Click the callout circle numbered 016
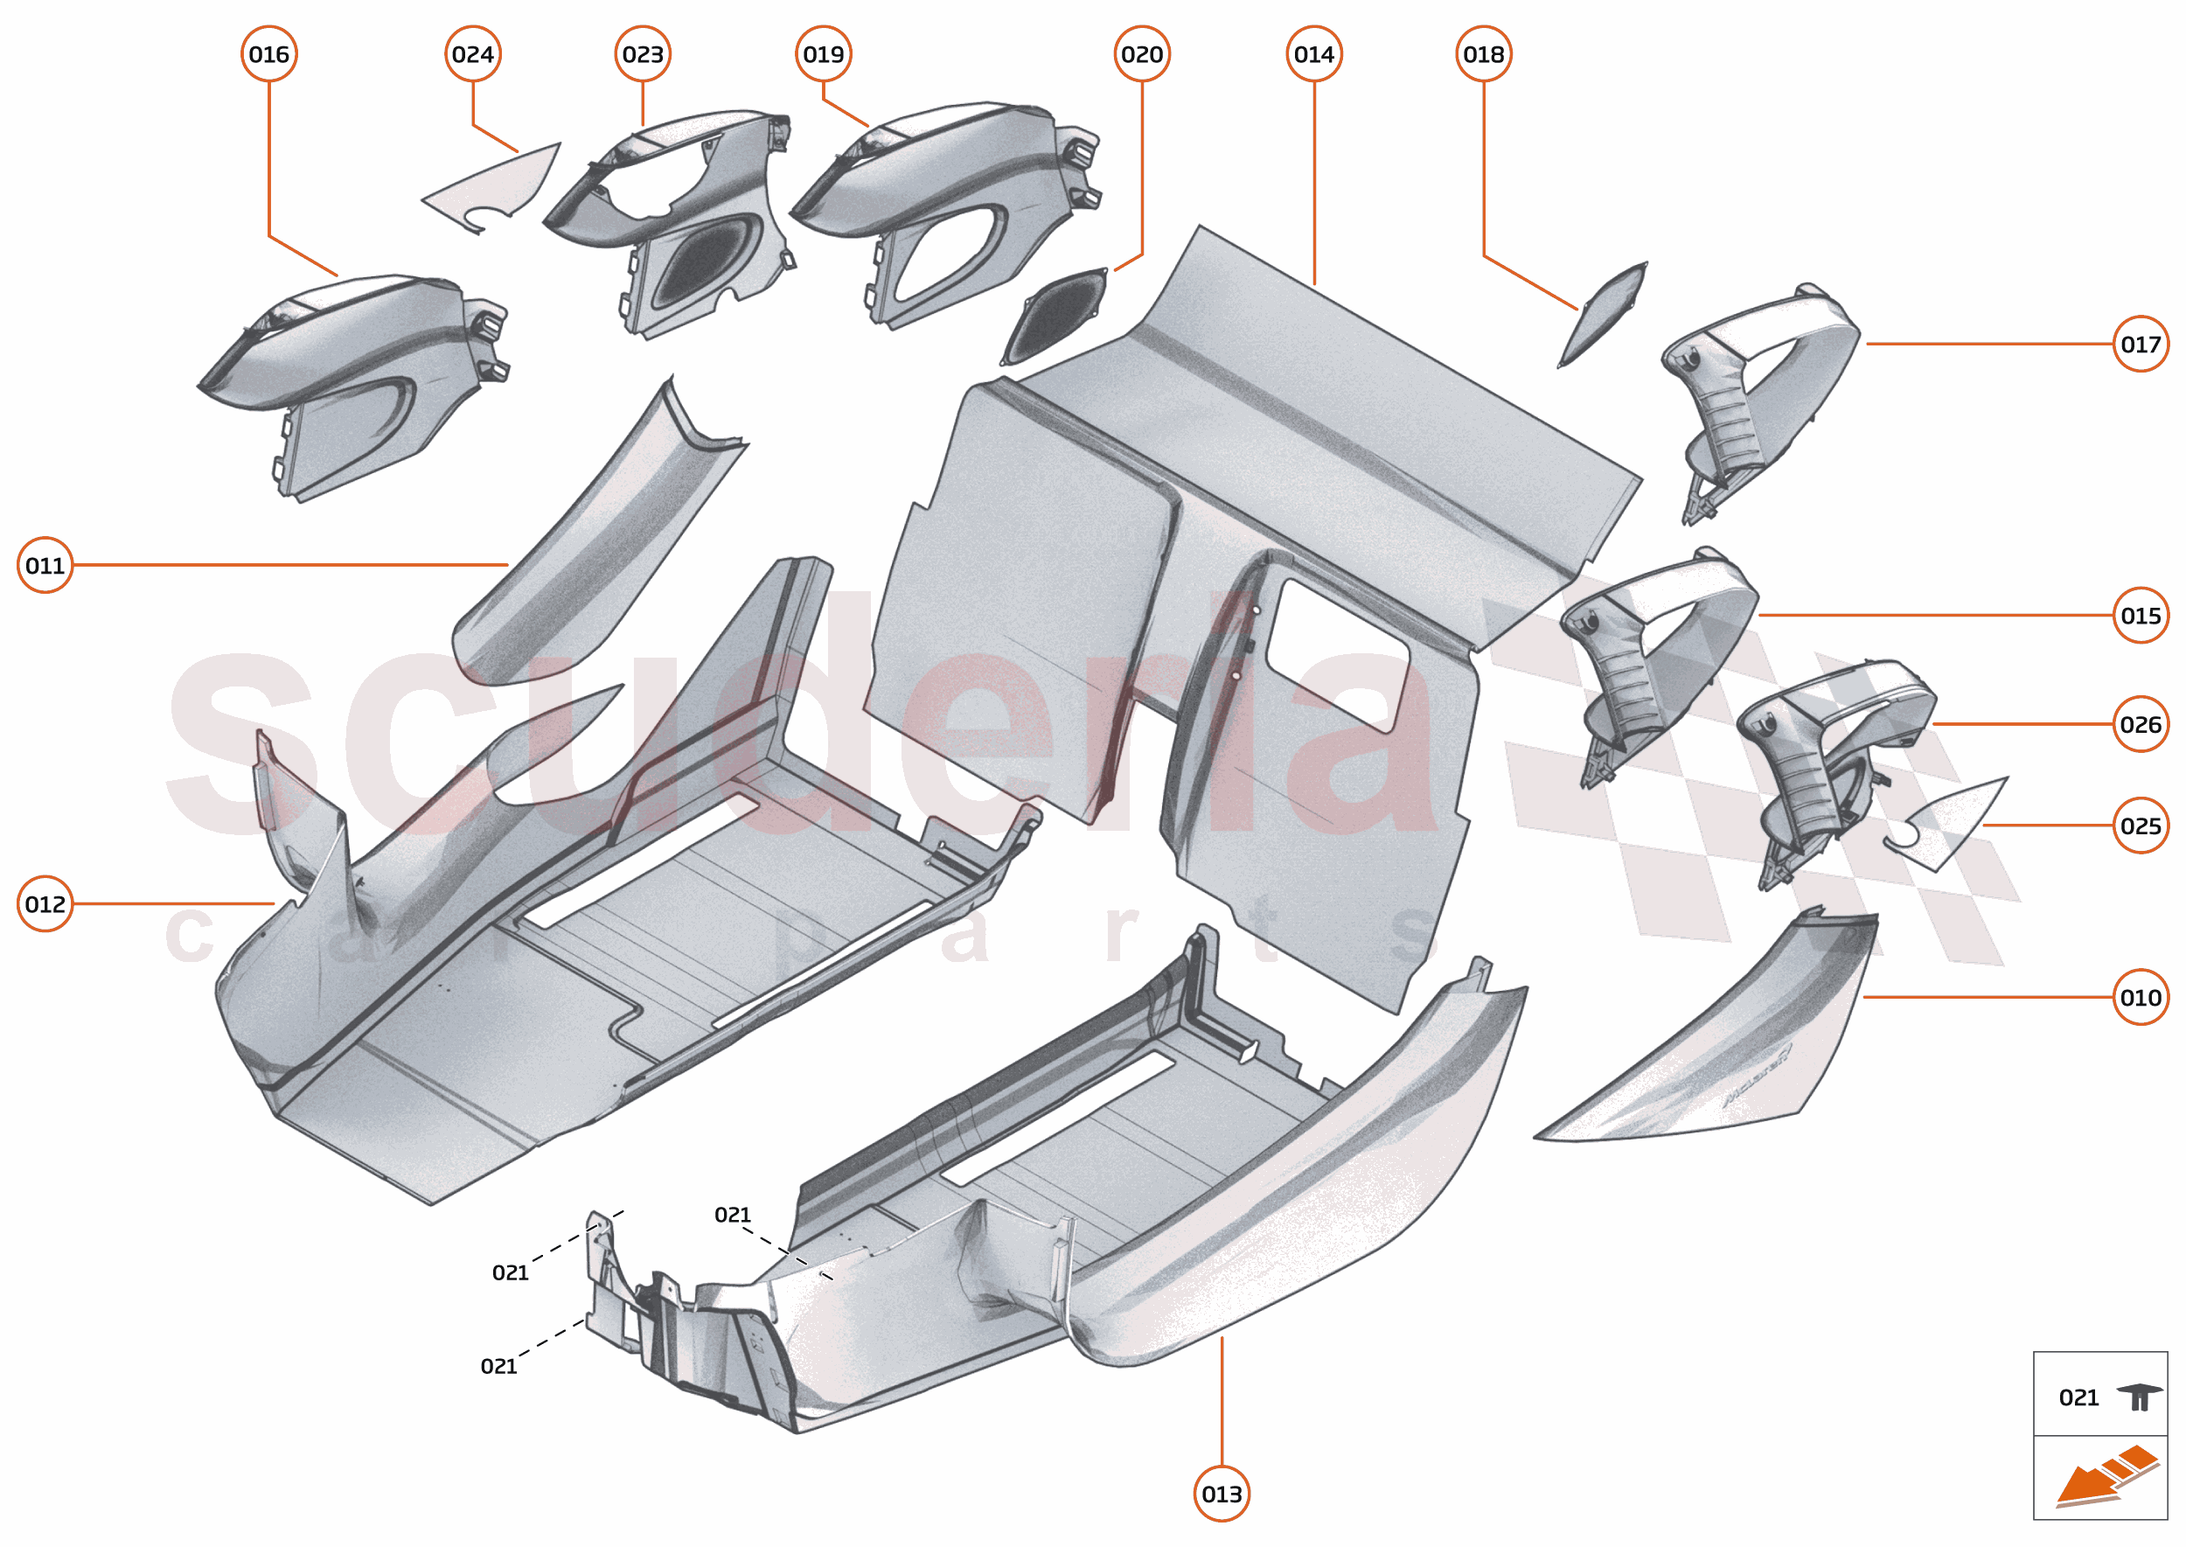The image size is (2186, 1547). point(268,54)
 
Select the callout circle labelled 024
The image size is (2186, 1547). point(472,54)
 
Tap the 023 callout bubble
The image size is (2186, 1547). point(642,54)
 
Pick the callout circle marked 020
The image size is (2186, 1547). point(1141,54)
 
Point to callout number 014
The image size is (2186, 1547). point(1313,54)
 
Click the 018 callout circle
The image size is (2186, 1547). point(1483,54)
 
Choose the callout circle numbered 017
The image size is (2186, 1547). point(2140,344)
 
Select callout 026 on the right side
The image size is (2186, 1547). point(2140,724)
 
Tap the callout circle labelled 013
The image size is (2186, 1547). point(1222,1494)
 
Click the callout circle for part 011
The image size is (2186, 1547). point(45,565)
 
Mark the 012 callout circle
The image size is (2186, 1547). point(45,903)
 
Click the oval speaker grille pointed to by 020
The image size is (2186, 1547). point(1055,316)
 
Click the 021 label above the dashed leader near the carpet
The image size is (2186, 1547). point(733,1215)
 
